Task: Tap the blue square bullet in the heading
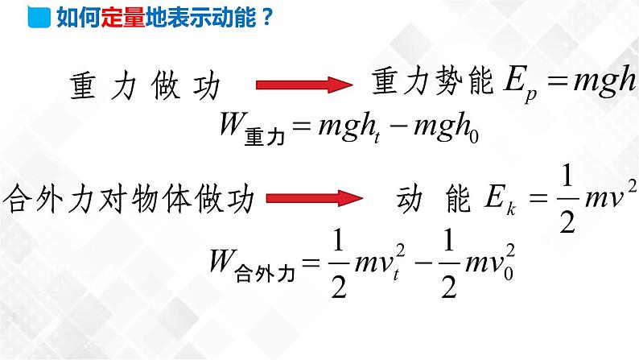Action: [38, 17]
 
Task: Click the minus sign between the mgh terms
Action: [400, 127]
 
